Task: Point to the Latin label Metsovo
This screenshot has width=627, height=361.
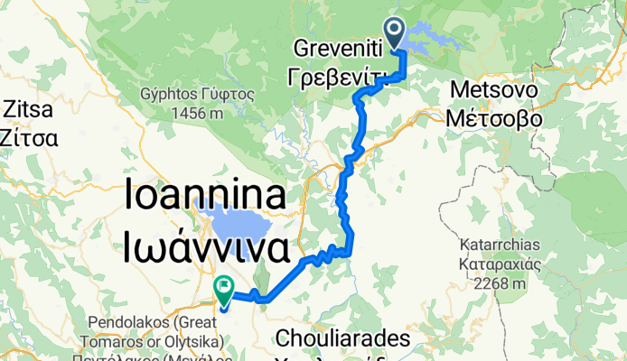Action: click(493, 93)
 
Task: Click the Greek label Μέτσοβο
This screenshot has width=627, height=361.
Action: click(493, 118)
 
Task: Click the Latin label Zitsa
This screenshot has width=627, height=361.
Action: click(30, 110)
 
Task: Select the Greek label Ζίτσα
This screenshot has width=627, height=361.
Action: click(30, 138)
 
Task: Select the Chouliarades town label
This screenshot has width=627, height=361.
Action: click(344, 339)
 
